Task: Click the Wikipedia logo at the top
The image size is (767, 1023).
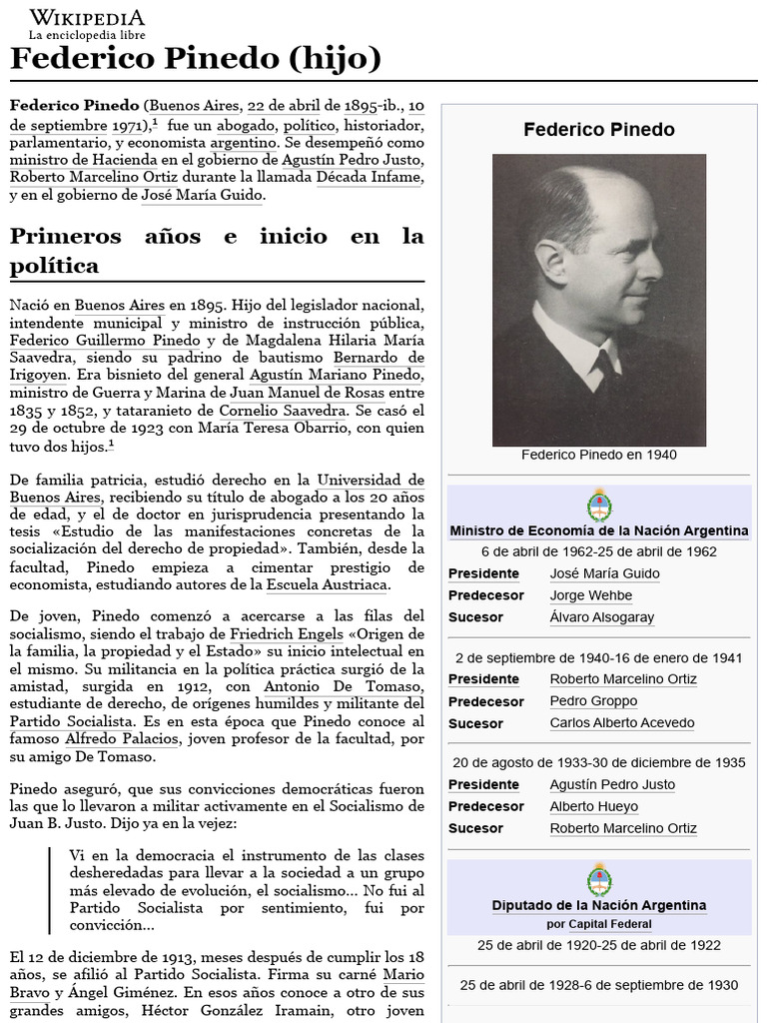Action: click(x=87, y=24)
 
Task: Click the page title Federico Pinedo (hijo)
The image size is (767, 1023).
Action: click(x=196, y=60)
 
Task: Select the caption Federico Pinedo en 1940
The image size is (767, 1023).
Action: click(x=598, y=455)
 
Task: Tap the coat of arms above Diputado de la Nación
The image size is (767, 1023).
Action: click(x=598, y=880)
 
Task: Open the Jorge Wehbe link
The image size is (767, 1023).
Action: click(x=590, y=595)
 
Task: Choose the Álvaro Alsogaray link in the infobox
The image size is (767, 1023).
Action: click(x=601, y=617)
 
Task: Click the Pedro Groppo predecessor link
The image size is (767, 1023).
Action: click(x=592, y=701)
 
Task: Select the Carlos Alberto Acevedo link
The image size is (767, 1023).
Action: click(x=621, y=723)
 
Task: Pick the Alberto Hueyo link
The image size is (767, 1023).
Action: click(x=593, y=806)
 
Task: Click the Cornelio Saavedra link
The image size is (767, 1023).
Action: click(x=282, y=410)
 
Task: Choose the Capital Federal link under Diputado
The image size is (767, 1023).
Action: click(x=611, y=924)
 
